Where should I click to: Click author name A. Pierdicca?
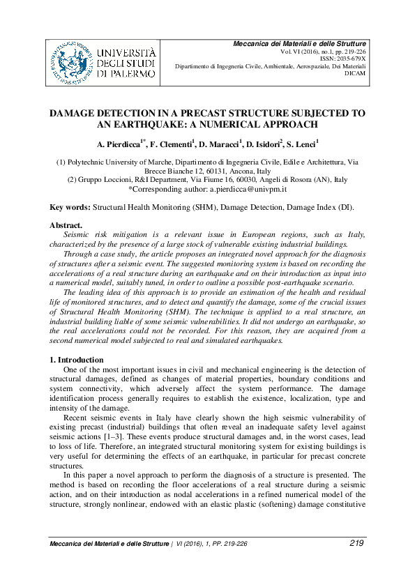pos(120,144)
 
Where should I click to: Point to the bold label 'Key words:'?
pos(70,208)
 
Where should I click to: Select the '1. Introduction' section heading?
pos(77,359)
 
